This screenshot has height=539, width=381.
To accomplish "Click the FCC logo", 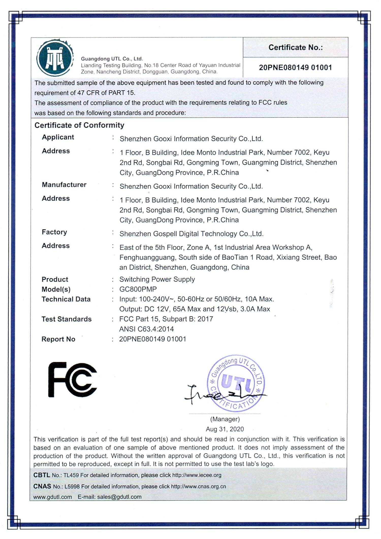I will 72,379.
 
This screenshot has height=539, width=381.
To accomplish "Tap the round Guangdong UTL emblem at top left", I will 55,58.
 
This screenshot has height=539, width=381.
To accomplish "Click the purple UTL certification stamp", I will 236,383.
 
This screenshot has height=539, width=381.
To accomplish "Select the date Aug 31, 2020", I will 225,429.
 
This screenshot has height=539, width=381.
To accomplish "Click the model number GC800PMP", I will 138,289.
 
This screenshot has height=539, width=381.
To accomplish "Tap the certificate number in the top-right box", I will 295,68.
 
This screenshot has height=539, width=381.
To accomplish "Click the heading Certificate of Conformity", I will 79,125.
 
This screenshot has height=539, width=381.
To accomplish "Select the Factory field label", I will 54,232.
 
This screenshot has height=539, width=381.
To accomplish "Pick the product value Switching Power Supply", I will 157,279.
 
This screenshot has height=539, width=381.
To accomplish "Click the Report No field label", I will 58,339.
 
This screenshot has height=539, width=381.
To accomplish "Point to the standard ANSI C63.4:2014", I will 147,329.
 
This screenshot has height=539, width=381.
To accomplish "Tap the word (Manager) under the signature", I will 225,419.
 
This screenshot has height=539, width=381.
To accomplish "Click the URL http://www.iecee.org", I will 197,475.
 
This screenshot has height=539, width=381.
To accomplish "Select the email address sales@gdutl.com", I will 119,497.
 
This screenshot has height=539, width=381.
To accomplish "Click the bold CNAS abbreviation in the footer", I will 42,486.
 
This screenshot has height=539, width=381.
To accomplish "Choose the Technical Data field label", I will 66,299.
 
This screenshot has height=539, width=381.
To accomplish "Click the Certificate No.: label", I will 295,47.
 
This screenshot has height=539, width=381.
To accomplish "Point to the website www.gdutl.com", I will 53,497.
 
